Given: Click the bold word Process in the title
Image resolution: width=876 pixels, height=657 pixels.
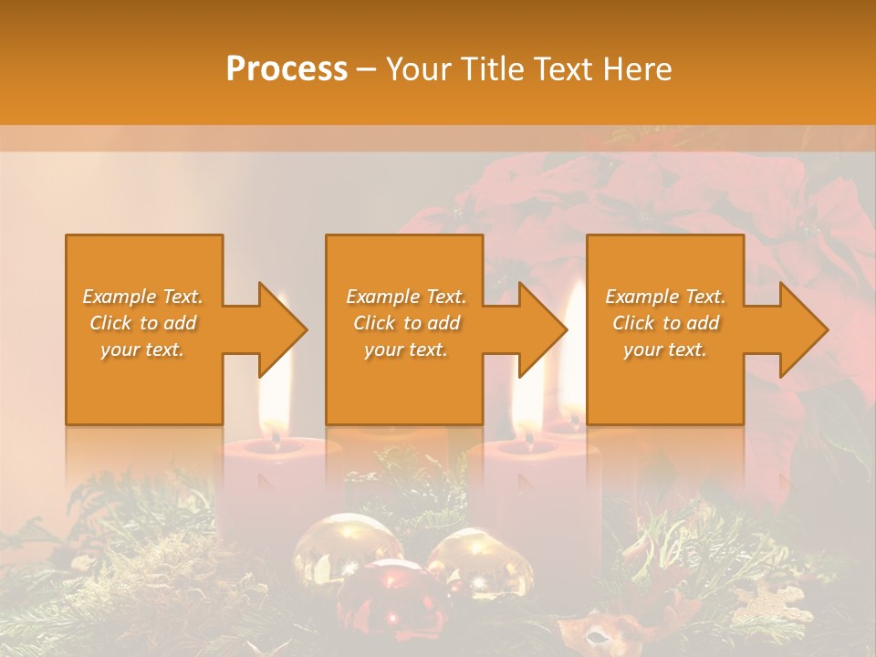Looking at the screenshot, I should [x=287, y=68].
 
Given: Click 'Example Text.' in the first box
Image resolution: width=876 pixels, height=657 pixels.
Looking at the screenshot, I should [x=142, y=297].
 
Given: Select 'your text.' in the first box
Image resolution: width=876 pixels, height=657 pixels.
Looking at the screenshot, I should [x=142, y=349].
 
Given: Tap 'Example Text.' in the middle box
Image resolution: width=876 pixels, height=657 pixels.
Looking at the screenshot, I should [x=406, y=297].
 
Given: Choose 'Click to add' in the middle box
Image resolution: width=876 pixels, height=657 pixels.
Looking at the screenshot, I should [x=406, y=323].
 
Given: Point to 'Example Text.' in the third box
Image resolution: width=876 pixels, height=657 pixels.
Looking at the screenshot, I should [x=665, y=297].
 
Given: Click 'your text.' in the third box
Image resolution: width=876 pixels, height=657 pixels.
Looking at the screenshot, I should [x=665, y=349].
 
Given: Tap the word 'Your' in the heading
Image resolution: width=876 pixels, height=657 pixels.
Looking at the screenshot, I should [x=418, y=68].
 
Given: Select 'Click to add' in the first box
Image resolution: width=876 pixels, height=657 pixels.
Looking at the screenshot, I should [x=142, y=323].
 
